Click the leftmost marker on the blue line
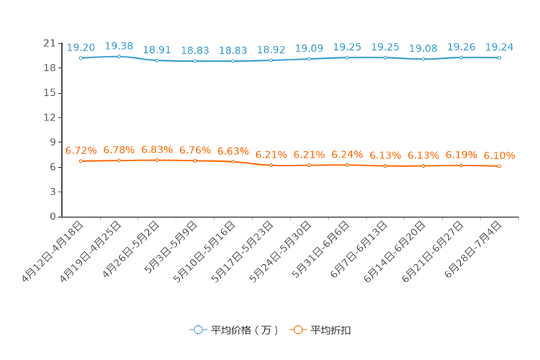(81, 57)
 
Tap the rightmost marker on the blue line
(499, 57)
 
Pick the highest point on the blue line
(119, 56)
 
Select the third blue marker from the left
(157, 60)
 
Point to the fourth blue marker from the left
(195, 61)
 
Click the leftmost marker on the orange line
(81, 160)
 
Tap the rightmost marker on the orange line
(499, 165)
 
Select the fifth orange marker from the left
(233, 160)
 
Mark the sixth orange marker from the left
(271, 165)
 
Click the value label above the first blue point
(81, 47)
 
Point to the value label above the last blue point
(499, 47)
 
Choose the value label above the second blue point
(119, 46)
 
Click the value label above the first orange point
(81, 150)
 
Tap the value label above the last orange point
(499, 155)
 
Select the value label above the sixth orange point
(271, 155)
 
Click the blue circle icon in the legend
(196, 330)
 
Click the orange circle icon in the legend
(296, 330)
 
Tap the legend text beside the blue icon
(244, 330)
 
